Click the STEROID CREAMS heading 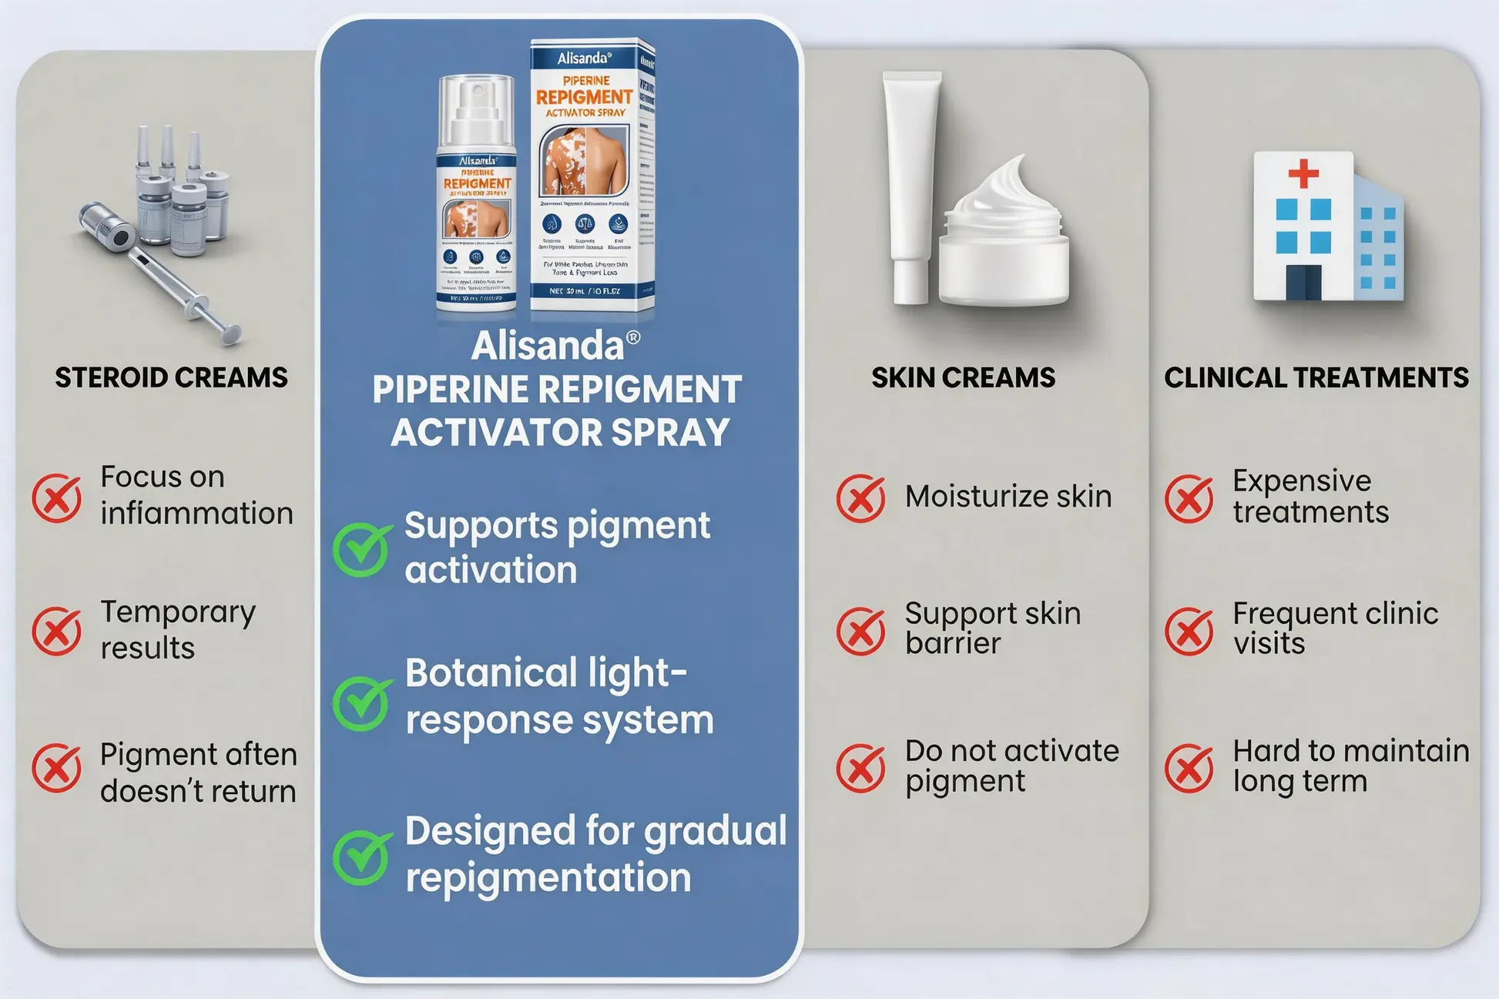pos(171,377)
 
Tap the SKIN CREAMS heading pos(963,377)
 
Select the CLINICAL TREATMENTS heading pos(1316,377)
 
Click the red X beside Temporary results pos(56,631)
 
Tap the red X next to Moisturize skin pos(860,498)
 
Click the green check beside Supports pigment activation pos(360,549)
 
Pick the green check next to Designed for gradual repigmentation pos(360,857)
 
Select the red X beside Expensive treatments pos(1189,498)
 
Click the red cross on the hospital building pos(1303,173)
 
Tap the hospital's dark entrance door pos(1303,282)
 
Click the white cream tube pos(910,185)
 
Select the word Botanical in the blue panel pos(491,672)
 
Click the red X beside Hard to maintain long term pos(1189,767)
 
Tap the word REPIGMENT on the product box pos(584,97)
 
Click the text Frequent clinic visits pos(1335,628)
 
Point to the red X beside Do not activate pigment pos(860,767)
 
